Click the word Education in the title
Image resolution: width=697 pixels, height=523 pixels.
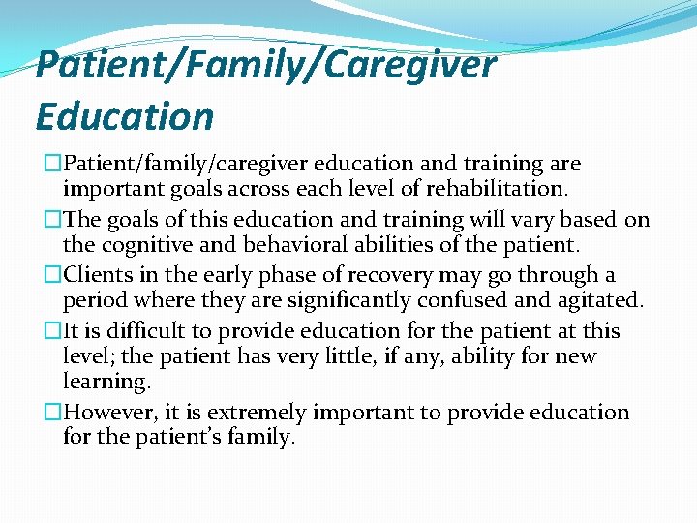[124, 116]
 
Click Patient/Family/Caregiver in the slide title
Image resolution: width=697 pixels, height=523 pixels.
[265, 66]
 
